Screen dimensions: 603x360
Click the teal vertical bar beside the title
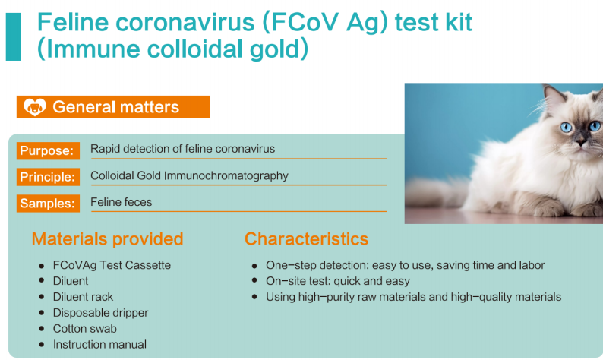[14, 36]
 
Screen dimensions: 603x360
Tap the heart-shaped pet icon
[35, 107]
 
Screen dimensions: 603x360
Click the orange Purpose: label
[48, 150]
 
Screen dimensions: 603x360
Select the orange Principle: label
[48, 177]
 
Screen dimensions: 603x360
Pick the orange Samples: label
[48, 203]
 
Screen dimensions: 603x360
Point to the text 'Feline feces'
[122, 202]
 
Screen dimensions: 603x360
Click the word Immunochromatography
[226, 175]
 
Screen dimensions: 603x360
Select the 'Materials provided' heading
[107, 238]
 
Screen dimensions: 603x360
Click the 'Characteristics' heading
[307, 238]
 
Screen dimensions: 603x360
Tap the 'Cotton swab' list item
[84, 328]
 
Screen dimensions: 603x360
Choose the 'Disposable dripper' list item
[100, 313]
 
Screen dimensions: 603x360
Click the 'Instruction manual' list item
[99, 344]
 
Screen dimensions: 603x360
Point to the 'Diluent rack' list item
[83, 297]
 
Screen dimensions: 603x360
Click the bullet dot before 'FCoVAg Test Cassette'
[42, 265]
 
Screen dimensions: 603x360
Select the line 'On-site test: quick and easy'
[338, 281]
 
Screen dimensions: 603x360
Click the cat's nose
[581, 142]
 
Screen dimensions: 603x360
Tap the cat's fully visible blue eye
[566, 127]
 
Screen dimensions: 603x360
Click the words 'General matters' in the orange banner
[115, 107]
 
